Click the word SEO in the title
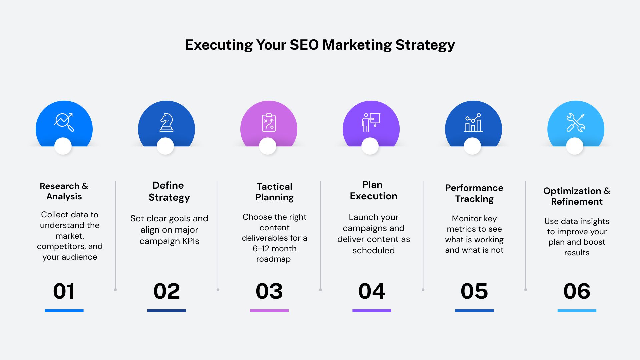coord(304,45)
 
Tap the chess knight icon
coord(166,122)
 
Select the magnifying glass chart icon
coord(64,122)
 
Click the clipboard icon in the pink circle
coord(269,122)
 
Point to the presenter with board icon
coord(371,122)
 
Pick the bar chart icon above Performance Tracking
coord(473,122)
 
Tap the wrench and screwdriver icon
coord(576,122)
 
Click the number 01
coord(64,291)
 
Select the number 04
coord(372,291)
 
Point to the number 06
coord(577,291)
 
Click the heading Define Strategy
coord(169,191)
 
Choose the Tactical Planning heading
coord(274,192)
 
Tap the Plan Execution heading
coord(373,190)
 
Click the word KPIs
coord(190,241)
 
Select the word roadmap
coord(273,259)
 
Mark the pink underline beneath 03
coord(269,311)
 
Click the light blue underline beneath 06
coord(577,311)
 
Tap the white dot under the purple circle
coord(370,146)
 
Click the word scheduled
coord(373,250)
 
